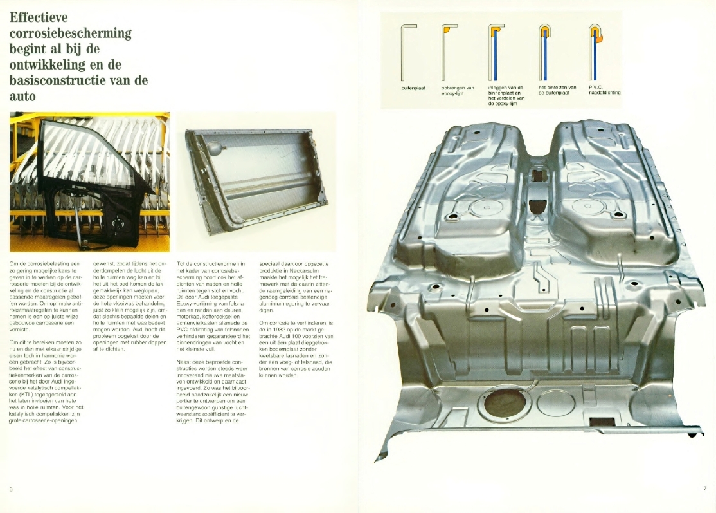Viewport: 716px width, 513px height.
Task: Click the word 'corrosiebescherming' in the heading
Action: tap(70, 33)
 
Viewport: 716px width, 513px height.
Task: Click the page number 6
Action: tap(11, 489)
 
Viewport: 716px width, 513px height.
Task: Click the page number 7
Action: tap(705, 489)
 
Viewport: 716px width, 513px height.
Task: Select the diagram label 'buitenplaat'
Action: tap(413, 88)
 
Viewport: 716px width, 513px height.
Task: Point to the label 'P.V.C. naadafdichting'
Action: tap(605, 89)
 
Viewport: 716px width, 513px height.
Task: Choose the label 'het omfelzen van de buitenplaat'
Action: tap(557, 89)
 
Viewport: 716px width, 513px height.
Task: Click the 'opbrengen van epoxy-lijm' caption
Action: tap(458, 90)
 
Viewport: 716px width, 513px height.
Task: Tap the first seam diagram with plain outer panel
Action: tap(408, 53)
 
